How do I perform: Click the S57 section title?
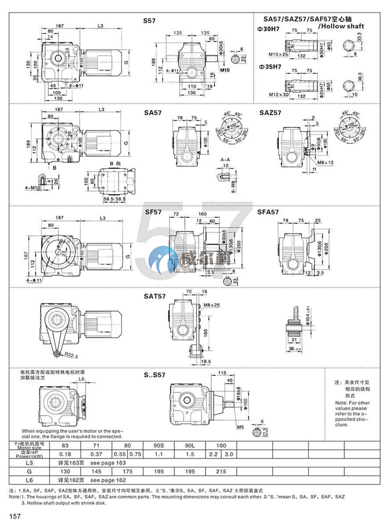149,21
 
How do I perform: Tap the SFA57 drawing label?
268,212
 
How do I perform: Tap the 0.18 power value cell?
64,454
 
